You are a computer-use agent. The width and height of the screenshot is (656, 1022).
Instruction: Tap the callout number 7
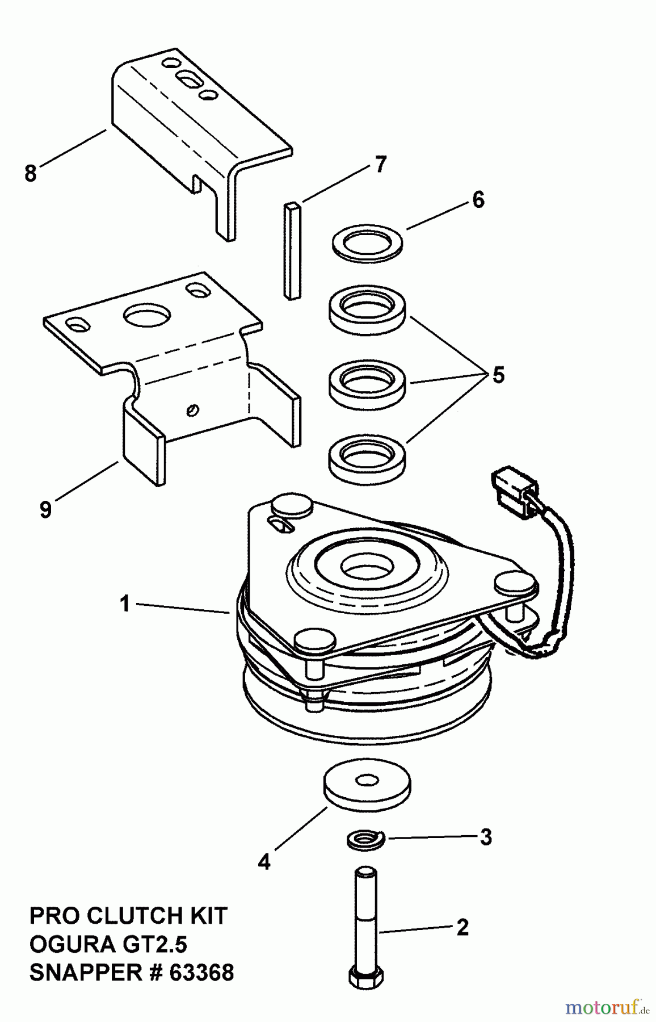(x=380, y=165)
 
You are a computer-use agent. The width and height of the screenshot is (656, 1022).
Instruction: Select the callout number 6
(x=478, y=200)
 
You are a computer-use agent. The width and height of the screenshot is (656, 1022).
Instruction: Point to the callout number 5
(x=498, y=375)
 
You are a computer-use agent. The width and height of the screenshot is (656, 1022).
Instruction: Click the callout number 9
(x=45, y=509)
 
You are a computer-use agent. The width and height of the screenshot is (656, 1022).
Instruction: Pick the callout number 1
(x=125, y=604)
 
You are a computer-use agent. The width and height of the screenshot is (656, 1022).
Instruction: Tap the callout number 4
(x=264, y=862)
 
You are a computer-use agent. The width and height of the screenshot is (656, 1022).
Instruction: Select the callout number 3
(x=485, y=837)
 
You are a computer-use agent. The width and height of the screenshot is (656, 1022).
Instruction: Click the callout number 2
(x=462, y=928)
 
